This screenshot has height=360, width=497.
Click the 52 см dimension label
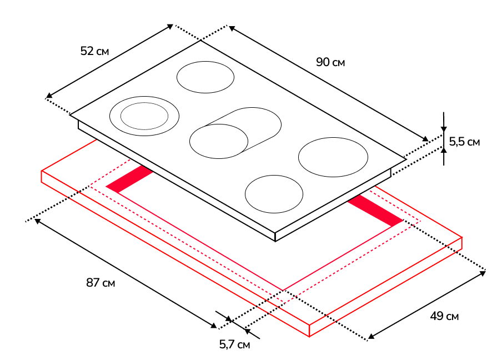pyautogui.click(x=94, y=51)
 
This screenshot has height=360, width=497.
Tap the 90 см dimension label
pyautogui.click(x=330, y=62)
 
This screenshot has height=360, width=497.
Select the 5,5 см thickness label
pyautogui.click(x=464, y=142)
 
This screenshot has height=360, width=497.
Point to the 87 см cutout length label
pyautogui.click(x=101, y=283)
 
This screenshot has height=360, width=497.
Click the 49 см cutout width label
pyautogui.click(x=444, y=316)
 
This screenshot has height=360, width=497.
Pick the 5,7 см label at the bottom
pyautogui.click(x=234, y=344)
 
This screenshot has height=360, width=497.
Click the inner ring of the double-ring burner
pyautogui.click(x=144, y=116)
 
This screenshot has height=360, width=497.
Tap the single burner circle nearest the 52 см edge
pyautogui.click(x=205, y=77)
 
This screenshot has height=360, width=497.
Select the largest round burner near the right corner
pyautogui.click(x=333, y=157)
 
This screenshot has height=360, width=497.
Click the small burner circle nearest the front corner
pyautogui.click(x=274, y=194)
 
